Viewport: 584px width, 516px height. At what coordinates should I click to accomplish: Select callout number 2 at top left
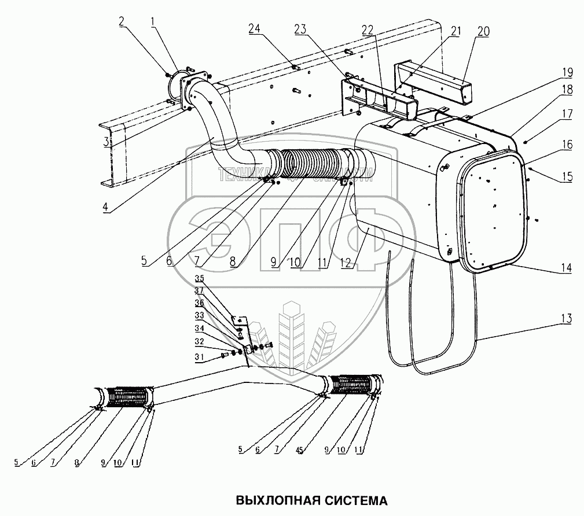(122, 21)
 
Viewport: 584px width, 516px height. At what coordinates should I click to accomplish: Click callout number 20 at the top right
(483, 31)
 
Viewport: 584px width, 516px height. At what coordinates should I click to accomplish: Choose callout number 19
(567, 72)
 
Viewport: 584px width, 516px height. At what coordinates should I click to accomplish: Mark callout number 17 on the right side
(566, 115)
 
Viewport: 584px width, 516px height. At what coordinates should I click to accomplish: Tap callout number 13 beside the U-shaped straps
(565, 318)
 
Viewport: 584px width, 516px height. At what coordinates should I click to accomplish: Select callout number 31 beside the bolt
(199, 358)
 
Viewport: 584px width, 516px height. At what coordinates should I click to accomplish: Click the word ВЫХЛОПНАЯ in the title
(274, 499)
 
